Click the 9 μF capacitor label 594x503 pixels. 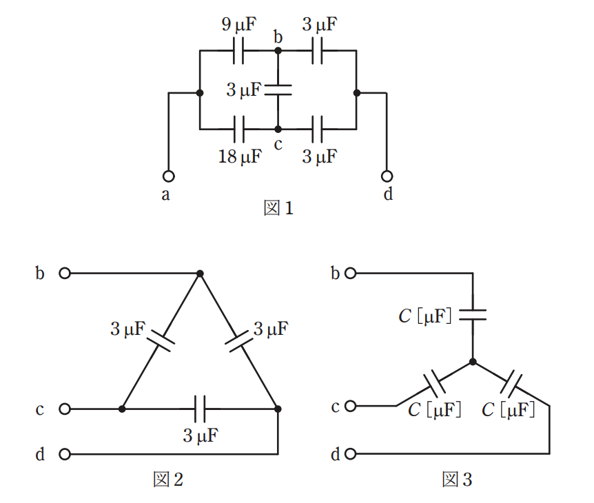point(239,25)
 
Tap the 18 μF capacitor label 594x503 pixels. point(240,156)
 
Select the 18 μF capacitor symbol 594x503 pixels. point(238,129)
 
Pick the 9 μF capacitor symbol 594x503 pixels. point(238,50)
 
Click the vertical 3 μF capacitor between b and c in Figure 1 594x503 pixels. point(278,90)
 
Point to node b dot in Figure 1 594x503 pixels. point(278,50)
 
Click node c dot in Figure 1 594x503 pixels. point(278,129)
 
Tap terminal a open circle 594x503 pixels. point(169,176)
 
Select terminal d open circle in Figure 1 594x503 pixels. point(387,176)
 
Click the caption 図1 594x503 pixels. point(278,208)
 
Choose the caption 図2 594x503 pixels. point(168,479)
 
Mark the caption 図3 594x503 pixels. point(457,479)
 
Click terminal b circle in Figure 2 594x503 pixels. point(65,273)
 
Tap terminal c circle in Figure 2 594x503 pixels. point(65,409)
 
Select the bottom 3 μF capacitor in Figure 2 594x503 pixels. point(200,409)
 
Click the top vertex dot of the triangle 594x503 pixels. point(200,274)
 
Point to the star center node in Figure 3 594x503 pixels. point(473,362)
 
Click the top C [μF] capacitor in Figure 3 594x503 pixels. point(473,315)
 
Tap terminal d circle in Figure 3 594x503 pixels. point(351,453)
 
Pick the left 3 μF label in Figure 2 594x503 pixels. point(127,329)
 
